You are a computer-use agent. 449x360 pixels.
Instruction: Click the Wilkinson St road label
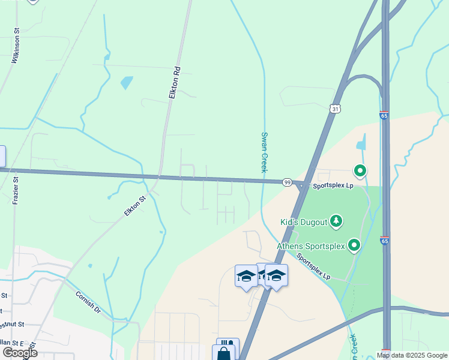point(16,46)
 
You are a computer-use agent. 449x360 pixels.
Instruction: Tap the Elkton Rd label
point(175,83)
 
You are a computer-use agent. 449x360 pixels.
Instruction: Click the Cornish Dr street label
point(88,303)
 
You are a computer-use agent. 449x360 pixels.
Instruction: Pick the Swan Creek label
point(264,152)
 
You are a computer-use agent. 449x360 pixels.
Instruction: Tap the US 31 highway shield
point(335,108)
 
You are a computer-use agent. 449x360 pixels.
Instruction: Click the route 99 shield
point(288,182)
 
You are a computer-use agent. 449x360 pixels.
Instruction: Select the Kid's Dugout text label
point(304,222)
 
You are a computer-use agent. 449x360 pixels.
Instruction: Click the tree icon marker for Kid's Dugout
point(337,221)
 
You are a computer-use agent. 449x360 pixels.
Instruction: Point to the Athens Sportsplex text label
point(311,246)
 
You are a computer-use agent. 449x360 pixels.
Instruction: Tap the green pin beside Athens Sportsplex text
point(354,245)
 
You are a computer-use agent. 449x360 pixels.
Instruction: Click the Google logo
point(19,353)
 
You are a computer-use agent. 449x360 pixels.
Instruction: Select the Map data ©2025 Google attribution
point(412,355)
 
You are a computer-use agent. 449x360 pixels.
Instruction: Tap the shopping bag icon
point(224,353)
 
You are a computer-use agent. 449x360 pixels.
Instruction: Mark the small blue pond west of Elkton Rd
point(126,82)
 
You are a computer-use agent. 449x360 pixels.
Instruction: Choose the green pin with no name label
point(360,172)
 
